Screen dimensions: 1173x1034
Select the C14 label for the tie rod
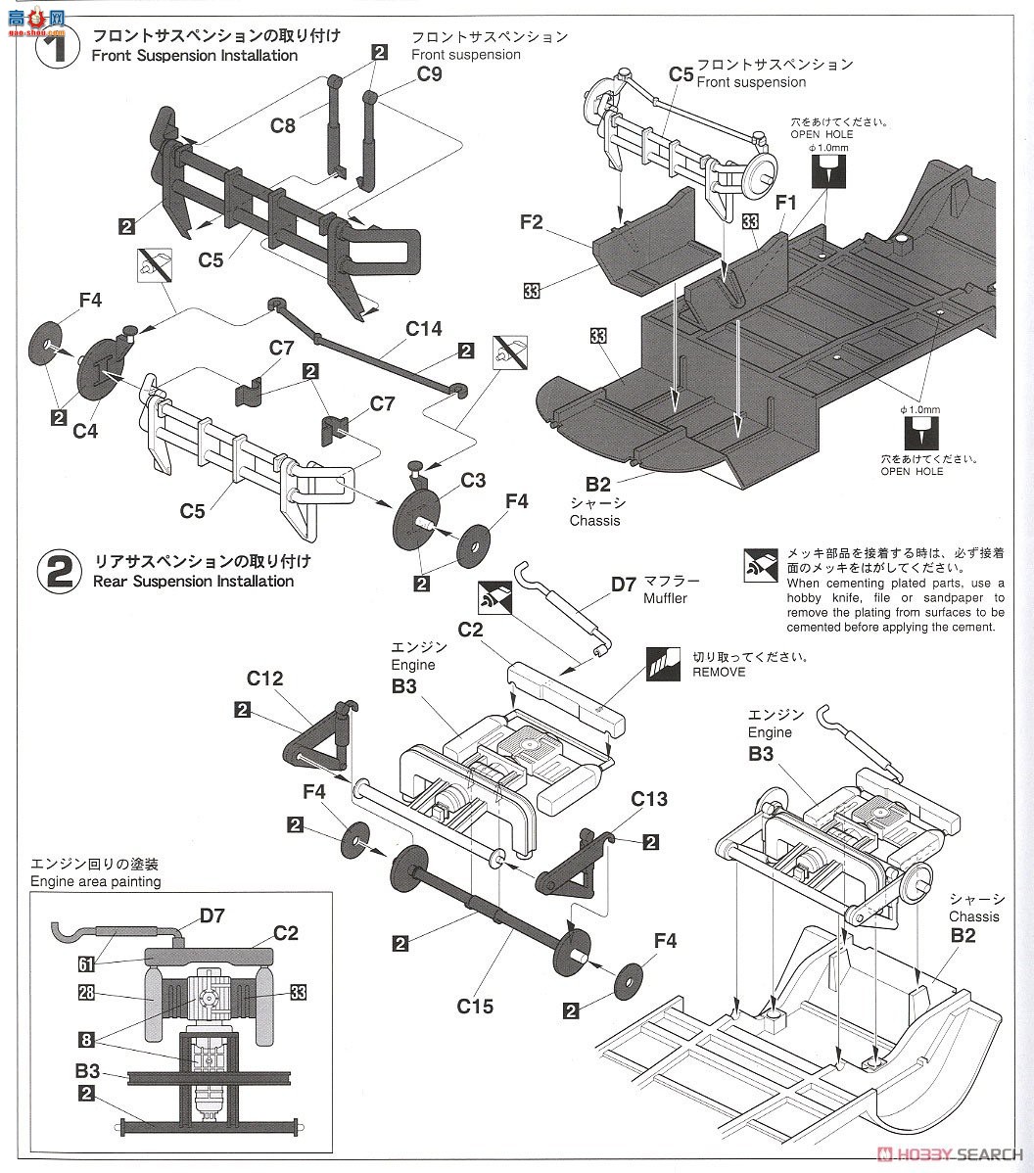(x=423, y=330)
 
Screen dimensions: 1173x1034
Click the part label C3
(x=473, y=480)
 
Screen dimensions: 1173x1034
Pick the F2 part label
(x=531, y=222)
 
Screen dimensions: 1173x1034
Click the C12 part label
(x=264, y=679)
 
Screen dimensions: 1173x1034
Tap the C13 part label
(x=649, y=800)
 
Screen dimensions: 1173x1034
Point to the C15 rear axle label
(x=475, y=1006)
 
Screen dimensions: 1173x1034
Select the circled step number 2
(x=60, y=571)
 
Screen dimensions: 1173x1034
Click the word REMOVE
(x=719, y=673)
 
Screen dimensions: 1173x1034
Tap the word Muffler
(x=665, y=598)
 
